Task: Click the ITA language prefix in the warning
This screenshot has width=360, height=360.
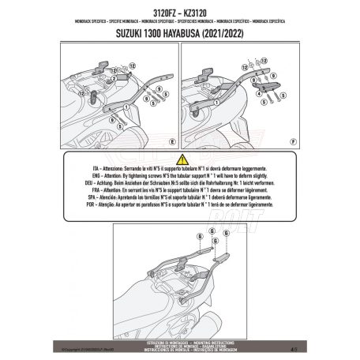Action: click(x=91, y=170)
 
